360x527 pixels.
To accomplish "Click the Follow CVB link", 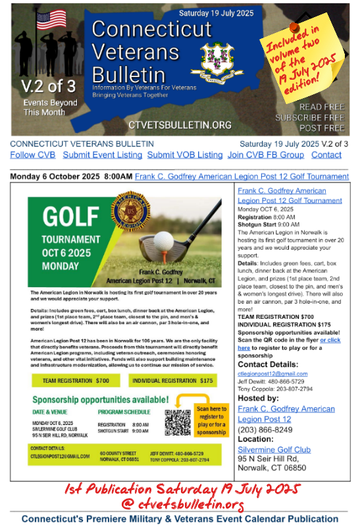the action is click(33, 155).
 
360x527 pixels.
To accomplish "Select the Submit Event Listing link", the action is click(102, 155).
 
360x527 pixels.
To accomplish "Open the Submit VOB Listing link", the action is click(185, 155).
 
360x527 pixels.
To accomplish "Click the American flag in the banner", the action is click(51, 19).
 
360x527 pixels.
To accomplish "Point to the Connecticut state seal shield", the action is click(217, 58).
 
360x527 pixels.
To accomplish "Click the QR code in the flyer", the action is click(177, 422).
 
